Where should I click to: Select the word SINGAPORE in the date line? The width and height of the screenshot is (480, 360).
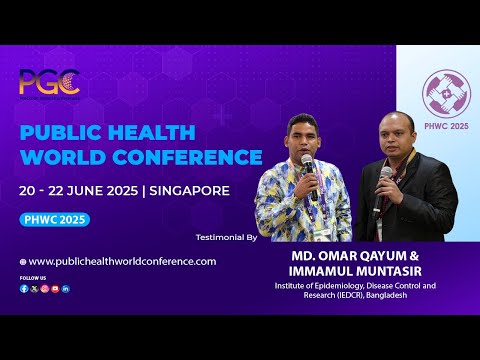(189, 190)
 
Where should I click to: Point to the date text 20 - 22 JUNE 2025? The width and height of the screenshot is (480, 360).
(81, 190)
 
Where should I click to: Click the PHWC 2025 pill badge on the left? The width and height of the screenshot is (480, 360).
(54, 220)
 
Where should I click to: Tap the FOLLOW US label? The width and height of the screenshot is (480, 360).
(32, 277)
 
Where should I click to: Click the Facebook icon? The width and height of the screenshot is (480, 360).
(24, 288)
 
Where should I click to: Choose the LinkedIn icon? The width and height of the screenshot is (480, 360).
(66, 288)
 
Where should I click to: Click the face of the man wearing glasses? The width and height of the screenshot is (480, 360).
(396, 135)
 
